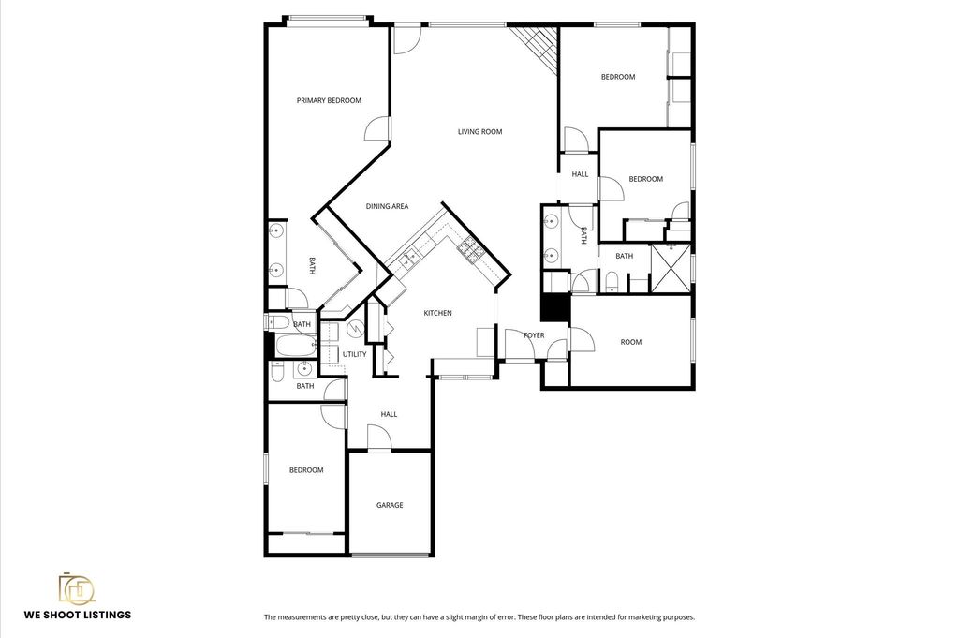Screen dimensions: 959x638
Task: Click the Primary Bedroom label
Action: [329, 100]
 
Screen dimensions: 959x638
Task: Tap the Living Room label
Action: [480, 131]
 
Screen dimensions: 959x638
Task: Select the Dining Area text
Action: [387, 206]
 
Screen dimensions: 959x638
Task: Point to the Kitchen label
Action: [438, 313]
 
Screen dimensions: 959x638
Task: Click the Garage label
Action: [390, 505]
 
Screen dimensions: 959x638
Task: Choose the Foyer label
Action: [534, 335]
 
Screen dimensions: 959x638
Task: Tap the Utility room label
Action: [355, 354]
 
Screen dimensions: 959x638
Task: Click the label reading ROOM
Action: [631, 342]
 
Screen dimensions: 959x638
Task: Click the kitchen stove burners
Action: [472, 249]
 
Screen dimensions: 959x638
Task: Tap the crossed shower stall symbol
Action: [671, 268]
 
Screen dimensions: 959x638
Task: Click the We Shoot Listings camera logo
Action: [77, 588]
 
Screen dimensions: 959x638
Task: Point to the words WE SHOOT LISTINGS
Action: [78, 615]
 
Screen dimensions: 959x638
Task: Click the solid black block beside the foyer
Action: [555, 307]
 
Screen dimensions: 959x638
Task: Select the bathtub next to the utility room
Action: [295, 346]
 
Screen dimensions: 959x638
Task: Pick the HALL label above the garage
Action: [389, 414]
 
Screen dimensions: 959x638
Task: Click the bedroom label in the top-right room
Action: [618, 77]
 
